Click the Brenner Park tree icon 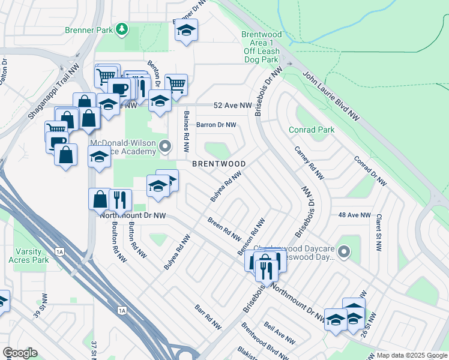[122, 28]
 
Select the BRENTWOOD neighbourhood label [218, 164]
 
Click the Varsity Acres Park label [28, 256]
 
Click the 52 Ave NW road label [234, 105]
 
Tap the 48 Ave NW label [354, 215]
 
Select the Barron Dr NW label [217, 125]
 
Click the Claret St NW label [378, 230]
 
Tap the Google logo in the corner [20, 353]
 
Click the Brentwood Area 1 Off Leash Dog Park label [261, 47]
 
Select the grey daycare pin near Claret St [344, 252]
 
